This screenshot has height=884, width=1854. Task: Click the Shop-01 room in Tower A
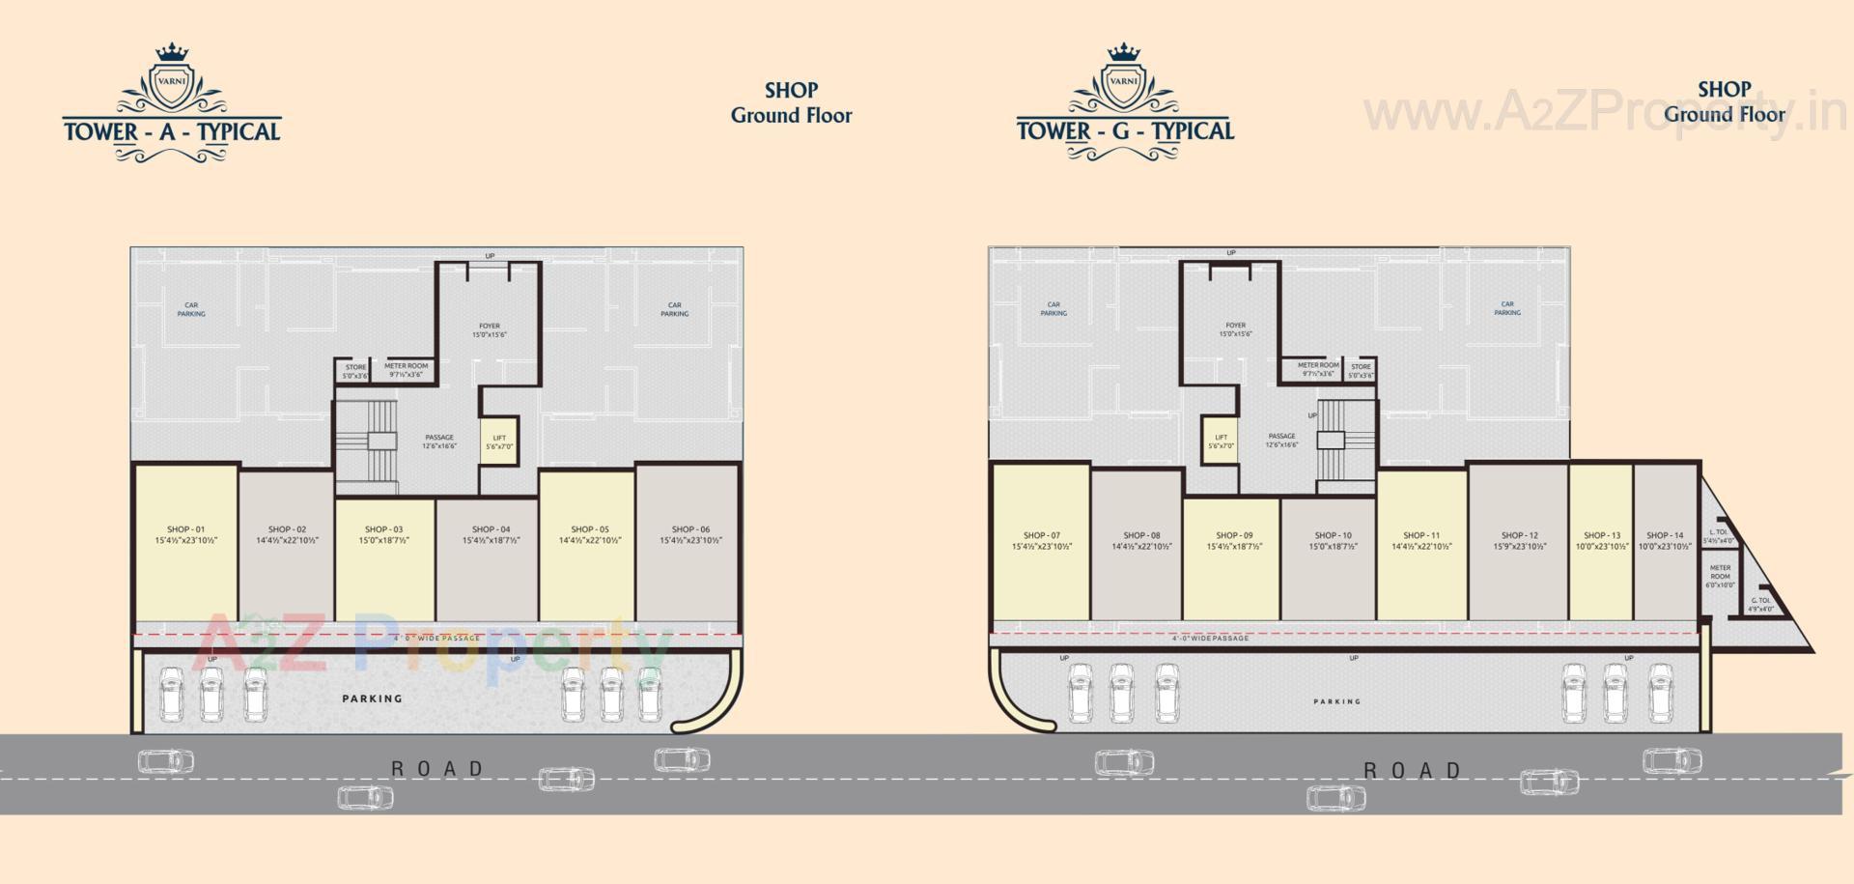(x=185, y=541)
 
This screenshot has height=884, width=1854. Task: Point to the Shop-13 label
(x=1602, y=535)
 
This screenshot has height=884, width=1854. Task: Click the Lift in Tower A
(x=499, y=442)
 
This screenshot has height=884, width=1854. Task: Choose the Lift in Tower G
(x=1221, y=442)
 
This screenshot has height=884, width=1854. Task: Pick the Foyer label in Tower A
(x=490, y=327)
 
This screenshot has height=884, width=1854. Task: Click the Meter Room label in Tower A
(x=406, y=366)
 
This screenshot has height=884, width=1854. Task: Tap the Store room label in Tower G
(x=1361, y=367)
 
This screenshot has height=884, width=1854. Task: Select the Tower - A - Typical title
(x=172, y=131)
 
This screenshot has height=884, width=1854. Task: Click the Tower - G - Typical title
(x=1125, y=130)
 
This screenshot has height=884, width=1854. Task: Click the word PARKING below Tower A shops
(x=372, y=699)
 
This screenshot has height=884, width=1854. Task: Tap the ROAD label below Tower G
(x=1412, y=770)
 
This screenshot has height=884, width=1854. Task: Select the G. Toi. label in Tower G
(x=1760, y=601)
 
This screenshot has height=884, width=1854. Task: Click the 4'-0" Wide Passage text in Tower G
(x=1210, y=638)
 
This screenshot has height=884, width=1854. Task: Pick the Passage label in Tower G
(x=1281, y=437)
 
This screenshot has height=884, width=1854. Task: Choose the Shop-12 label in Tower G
(x=1519, y=535)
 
